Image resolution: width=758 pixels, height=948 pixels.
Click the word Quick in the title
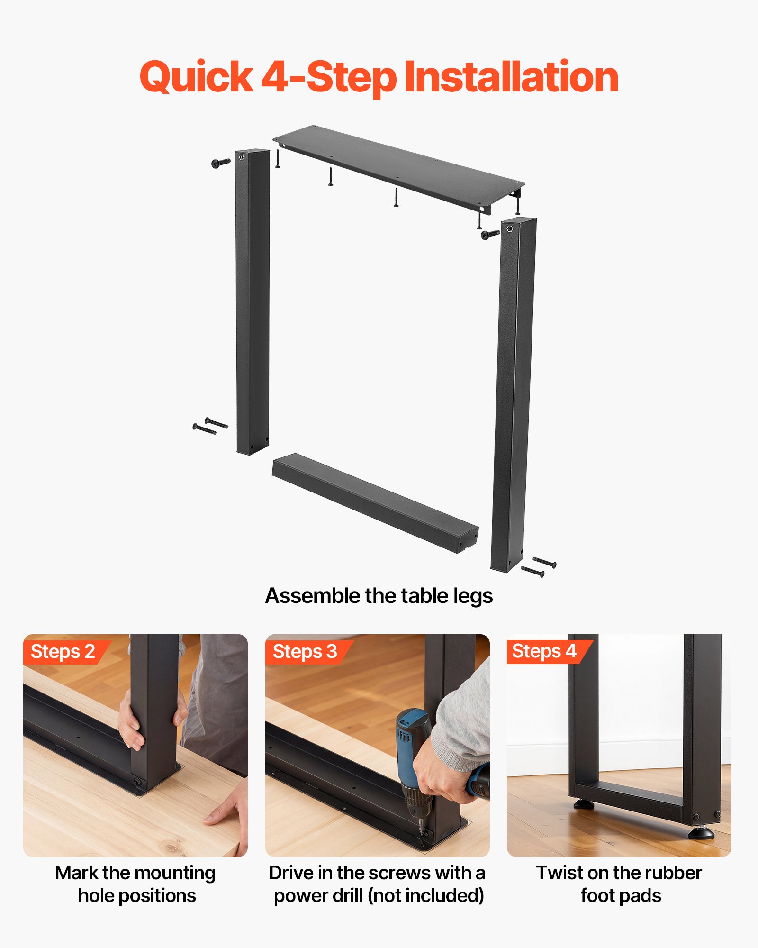[x=196, y=77]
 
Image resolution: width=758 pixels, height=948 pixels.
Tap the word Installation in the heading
[x=512, y=77]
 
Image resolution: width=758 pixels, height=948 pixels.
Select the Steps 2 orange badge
[x=63, y=652]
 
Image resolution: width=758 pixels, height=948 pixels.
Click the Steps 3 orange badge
[x=305, y=652]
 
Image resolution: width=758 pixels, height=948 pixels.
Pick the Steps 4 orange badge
[x=545, y=651]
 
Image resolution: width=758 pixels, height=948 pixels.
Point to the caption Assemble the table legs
[x=379, y=596]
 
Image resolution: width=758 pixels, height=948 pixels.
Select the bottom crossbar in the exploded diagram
[x=374, y=502]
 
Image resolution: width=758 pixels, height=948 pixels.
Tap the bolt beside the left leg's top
[x=220, y=163]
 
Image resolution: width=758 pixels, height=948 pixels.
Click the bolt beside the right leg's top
[x=490, y=234]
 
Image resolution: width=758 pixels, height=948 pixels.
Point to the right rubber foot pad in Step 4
[x=701, y=832]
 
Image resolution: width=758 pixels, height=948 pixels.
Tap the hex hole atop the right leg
[x=510, y=229]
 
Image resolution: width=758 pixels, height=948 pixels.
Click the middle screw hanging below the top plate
[x=331, y=176]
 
